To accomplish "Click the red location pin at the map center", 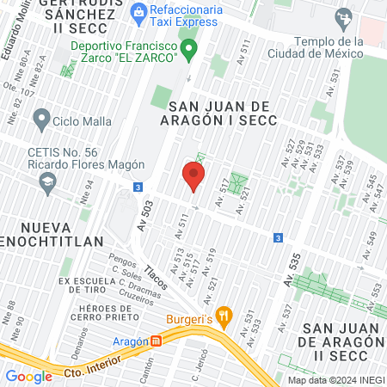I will point(193,177).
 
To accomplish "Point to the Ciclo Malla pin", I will point(40,118).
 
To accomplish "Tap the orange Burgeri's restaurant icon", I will point(224,316).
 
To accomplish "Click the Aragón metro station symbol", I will point(156,341).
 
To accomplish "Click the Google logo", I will point(28,376).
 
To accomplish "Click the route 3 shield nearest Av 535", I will point(277,237).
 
